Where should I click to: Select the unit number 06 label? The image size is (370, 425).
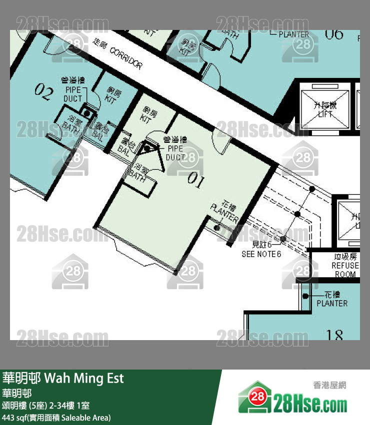click(x=334, y=34)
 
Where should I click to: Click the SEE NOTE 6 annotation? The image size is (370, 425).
click(x=261, y=250)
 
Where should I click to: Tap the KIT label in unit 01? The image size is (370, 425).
click(x=146, y=115)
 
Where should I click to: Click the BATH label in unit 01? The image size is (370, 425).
click(x=137, y=172)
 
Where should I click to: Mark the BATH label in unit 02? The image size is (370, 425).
click(x=71, y=124)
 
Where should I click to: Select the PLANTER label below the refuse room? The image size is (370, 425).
click(x=332, y=299)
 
